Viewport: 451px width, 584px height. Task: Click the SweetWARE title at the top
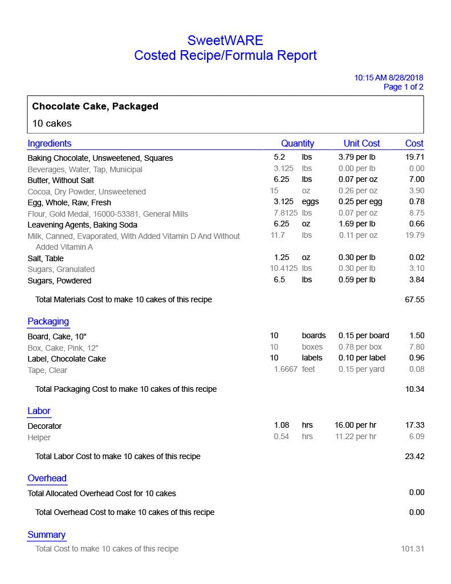point(225,40)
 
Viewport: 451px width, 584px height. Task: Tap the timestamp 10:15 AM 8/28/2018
point(388,78)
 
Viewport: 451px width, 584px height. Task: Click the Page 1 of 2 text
point(403,87)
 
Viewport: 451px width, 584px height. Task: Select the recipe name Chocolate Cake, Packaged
point(95,107)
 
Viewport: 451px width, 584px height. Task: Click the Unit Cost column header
point(361,144)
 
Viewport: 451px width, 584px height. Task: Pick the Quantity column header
point(297,144)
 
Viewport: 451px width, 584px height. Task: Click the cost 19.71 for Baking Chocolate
point(415,157)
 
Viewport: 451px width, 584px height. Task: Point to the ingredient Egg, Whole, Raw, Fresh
point(69,202)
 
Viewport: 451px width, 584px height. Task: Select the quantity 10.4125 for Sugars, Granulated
point(283,269)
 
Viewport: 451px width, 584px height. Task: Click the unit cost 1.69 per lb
point(357,224)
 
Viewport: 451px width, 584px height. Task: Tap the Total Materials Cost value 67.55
point(415,299)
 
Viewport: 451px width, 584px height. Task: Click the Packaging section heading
point(48,322)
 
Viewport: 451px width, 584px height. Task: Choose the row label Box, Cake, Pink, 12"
point(63,348)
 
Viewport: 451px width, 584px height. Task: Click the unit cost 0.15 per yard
point(361,370)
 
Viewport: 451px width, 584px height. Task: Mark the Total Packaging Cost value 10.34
point(415,390)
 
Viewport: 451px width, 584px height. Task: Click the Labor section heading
point(39,411)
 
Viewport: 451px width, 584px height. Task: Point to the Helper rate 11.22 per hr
point(357,437)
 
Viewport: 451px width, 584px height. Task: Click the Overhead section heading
point(47,478)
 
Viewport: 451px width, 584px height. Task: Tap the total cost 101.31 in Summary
point(412,549)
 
